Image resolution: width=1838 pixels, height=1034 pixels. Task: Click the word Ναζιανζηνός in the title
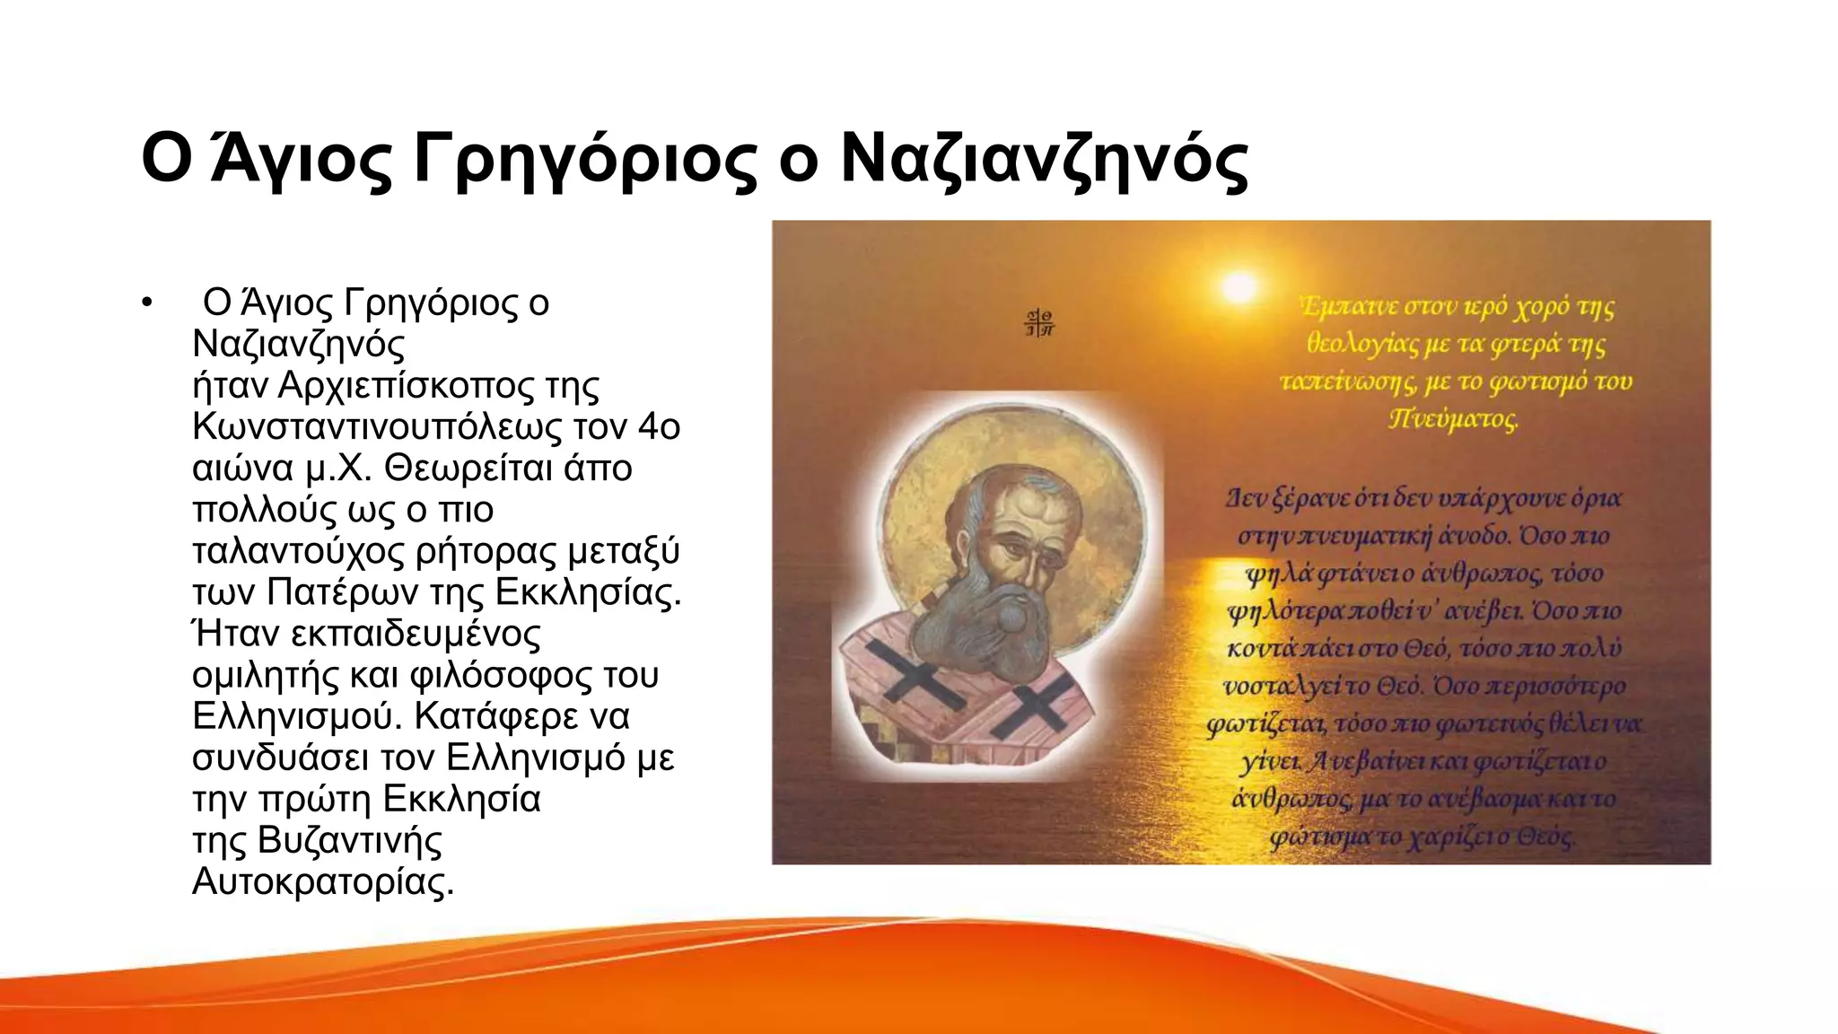pyautogui.click(x=1044, y=160)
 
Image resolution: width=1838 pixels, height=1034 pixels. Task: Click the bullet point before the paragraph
pyautogui.click(x=147, y=303)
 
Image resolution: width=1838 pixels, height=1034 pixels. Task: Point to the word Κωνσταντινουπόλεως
pyautogui.click(x=376, y=427)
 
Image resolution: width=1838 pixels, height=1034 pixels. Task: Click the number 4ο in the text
pyautogui.click(x=659, y=427)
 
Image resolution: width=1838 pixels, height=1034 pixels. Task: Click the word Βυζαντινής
pyautogui.click(x=349, y=840)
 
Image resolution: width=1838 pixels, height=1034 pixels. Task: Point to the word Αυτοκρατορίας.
pyautogui.click(x=323, y=881)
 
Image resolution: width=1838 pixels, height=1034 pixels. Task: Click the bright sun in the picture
pyautogui.click(x=1239, y=288)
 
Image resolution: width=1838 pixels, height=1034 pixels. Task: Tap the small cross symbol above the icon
pyautogui.click(x=1040, y=323)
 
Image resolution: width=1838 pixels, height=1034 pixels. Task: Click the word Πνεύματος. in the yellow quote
pyautogui.click(x=1453, y=419)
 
